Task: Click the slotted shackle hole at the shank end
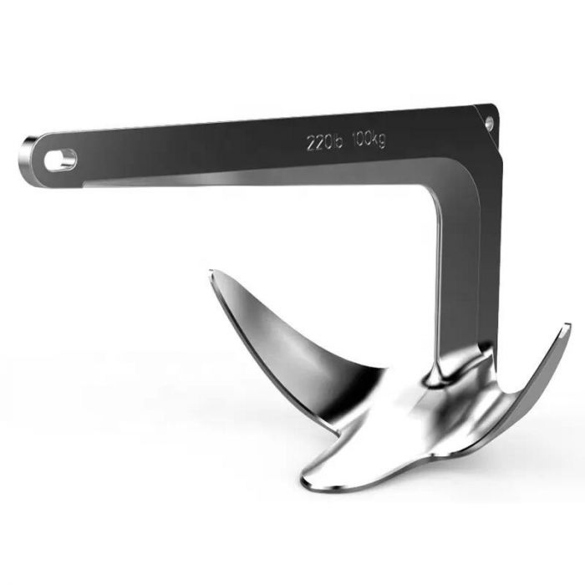(x=60, y=159)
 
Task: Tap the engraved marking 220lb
(x=322, y=143)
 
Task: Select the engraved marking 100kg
(x=369, y=140)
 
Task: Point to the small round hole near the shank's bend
(x=489, y=124)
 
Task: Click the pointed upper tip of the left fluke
(x=212, y=274)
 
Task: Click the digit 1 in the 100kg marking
(x=355, y=140)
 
